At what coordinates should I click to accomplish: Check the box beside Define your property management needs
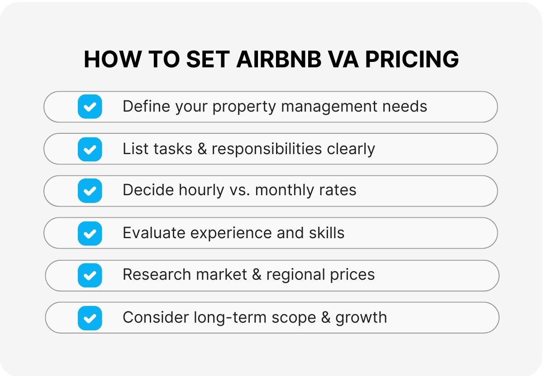tap(90, 107)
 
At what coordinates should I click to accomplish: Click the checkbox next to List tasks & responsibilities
tap(90, 149)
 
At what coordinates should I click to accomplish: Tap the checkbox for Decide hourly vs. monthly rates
tap(90, 191)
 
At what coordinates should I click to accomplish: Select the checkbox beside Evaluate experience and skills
tap(90, 233)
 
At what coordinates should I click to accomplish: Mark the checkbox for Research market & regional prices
tap(90, 275)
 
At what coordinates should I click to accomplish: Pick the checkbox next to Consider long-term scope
tap(90, 318)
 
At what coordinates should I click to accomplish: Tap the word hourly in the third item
tap(200, 190)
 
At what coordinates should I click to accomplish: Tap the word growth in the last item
tap(361, 318)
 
